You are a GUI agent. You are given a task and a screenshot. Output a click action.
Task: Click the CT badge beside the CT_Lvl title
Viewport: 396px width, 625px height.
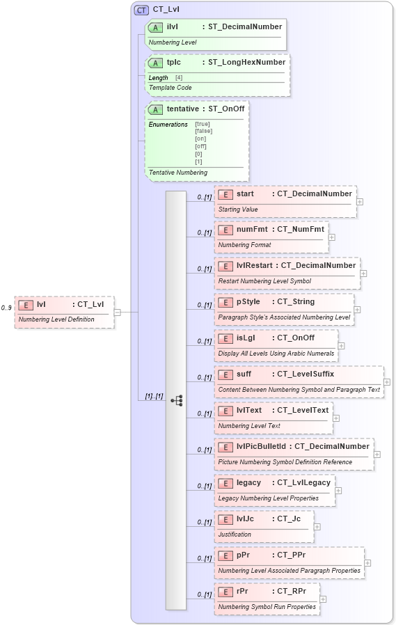point(141,10)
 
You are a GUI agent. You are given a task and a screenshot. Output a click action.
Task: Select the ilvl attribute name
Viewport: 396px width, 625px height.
point(173,26)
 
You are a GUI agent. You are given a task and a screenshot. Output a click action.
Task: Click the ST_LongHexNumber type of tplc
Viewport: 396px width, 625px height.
point(246,63)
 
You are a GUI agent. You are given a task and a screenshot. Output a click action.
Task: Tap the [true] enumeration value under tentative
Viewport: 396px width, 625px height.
point(203,124)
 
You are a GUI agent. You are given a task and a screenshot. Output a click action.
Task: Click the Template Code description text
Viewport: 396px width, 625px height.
point(169,88)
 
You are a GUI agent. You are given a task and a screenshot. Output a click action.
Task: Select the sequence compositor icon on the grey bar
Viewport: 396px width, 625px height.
point(176,400)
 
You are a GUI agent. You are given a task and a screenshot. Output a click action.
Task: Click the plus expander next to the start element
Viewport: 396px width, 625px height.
point(360,202)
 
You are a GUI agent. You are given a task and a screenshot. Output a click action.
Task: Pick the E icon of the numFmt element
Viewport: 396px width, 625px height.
point(225,230)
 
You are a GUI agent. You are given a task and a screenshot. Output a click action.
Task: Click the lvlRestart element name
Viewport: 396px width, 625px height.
point(255,266)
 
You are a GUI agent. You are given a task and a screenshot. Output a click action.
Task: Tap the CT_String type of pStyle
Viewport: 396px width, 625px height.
point(296,302)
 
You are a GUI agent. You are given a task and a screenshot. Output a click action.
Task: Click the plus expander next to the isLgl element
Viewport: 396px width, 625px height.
point(341,346)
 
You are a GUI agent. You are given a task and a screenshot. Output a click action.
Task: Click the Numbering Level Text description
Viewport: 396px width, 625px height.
point(249,426)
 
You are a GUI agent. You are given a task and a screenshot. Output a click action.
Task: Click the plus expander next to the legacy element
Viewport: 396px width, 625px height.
point(338,491)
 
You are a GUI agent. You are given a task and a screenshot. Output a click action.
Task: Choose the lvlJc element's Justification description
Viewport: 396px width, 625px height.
point(235,535)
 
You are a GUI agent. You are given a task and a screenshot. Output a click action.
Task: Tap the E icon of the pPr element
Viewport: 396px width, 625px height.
point(225,555)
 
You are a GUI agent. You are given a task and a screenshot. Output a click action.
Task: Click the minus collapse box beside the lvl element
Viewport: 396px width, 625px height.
point(117,312)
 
